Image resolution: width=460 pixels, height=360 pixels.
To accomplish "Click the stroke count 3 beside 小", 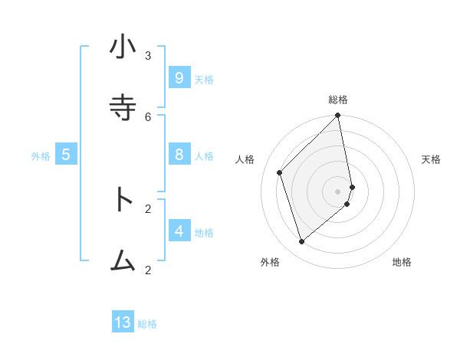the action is click(148, 55).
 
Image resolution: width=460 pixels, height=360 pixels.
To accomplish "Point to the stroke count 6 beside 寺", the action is click(148, 116).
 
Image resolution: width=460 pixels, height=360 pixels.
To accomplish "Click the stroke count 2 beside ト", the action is click(148, 208).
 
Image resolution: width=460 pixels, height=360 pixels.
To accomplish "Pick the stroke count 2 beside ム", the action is click(148, 269).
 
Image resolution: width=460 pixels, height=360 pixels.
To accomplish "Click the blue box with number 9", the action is click(179, 77).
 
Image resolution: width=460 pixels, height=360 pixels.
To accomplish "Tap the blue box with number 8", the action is click(179, 154).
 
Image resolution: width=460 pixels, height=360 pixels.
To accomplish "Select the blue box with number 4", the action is click(179, 231).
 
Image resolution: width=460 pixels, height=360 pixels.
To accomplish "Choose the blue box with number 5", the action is click(66, 154).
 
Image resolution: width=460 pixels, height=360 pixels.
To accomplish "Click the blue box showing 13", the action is click(123, 322).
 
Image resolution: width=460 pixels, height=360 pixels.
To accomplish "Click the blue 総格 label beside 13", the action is click(147, 324).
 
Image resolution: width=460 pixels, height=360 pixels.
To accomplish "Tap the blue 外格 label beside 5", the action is click(41, 156).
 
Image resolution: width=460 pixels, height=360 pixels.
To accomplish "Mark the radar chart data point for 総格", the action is click(338, 116).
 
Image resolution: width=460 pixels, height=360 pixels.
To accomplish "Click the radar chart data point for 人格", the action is click(280, 172).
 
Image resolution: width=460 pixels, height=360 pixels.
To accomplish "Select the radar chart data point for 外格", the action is click(302, 242).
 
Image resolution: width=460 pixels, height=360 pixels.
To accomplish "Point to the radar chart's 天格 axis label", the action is click(431, 159).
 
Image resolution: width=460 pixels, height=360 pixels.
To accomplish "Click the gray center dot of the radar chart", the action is click(338, 191).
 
